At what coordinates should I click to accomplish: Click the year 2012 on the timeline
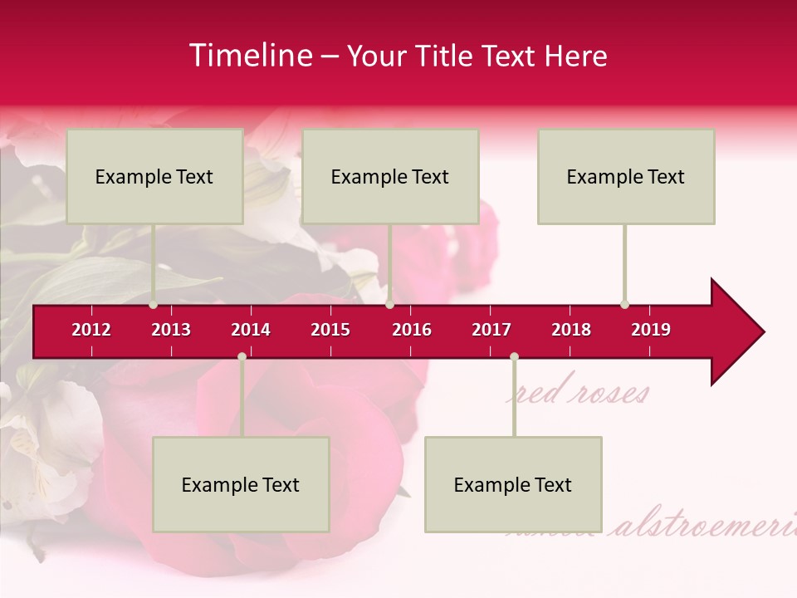tap(91, 330)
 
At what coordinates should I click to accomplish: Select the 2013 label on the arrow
tap(171, 330)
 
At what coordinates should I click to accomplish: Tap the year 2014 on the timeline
tap(251, 330)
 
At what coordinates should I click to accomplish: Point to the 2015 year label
tap(330, 330)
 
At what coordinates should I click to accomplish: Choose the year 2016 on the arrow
tap(412, 330)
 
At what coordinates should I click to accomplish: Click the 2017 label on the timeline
tap(491, 330)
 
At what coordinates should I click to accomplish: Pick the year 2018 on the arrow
tap(571, 330)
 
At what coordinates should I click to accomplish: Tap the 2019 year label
tap(651, 330)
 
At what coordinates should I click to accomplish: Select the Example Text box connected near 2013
tap(154, 176)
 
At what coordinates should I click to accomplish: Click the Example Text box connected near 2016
tap(390, 176)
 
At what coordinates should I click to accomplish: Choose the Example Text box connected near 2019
tap(626, 176)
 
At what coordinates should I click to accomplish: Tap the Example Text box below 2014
tap(241, 484)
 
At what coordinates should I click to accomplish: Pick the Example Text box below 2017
tap(513, 484)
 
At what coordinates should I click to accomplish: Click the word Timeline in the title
tap(249, 56)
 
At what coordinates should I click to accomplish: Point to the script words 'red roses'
tap(579, 393)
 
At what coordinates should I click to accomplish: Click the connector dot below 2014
tap(242, 356)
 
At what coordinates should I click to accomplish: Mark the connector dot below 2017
tap(514, 356)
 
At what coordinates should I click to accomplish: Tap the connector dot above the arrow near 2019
tap(624, 304)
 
